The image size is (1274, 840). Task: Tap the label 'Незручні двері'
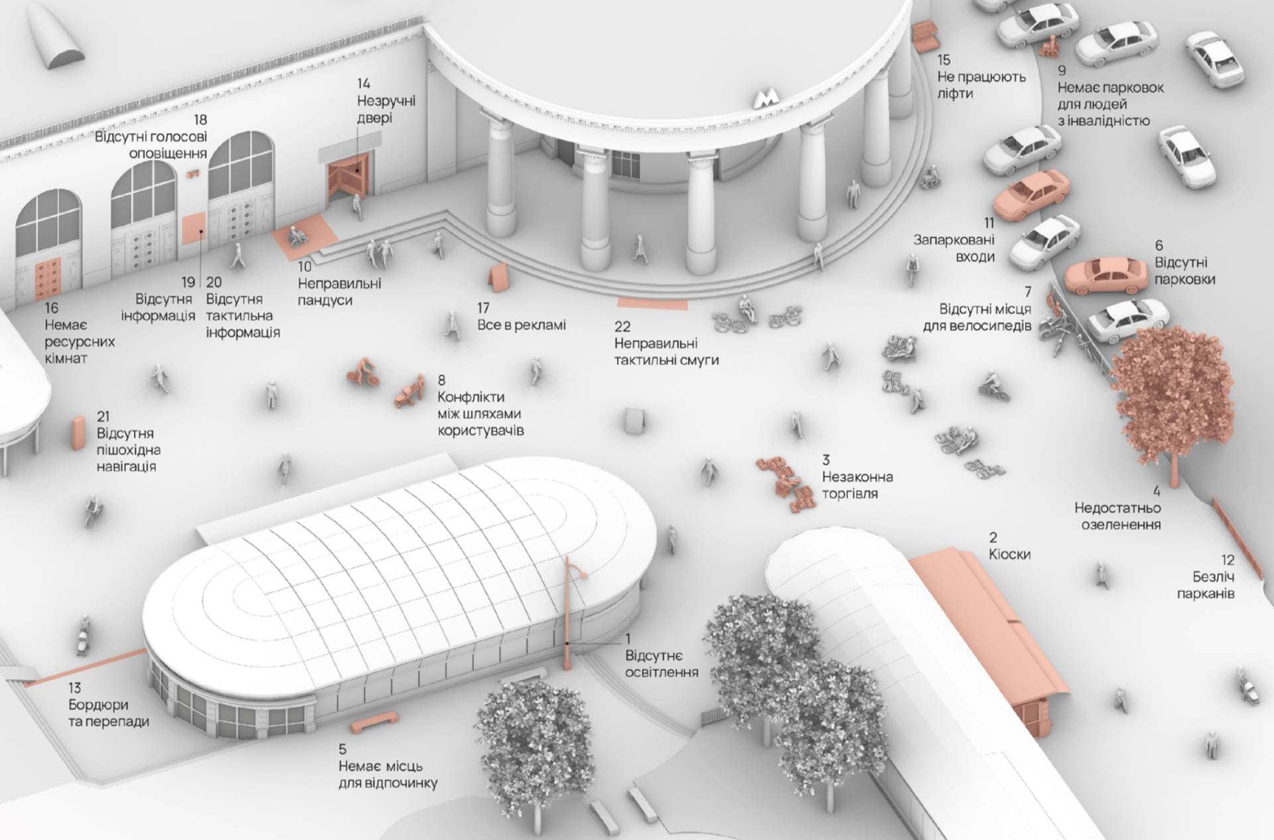(x=386, y=109)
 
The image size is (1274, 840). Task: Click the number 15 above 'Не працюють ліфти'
(x=944, y=60)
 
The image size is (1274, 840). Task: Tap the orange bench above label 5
(x=374, y=721)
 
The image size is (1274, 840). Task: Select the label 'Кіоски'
(x=1009, y=554)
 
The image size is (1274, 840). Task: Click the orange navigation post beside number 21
(x=78, y=433)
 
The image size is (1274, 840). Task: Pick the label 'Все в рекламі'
(x=522, y=325)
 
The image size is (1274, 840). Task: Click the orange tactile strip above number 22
(x=652, y=305)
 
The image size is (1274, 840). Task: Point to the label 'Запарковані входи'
(x=954, y=248)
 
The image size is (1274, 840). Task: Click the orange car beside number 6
(x=1106, y=275)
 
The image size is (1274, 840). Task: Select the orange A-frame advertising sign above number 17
(x=498, y=277)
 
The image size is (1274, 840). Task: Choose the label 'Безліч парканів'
(x=1206, y=585)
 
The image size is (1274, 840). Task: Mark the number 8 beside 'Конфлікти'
(x=441, y=380)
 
